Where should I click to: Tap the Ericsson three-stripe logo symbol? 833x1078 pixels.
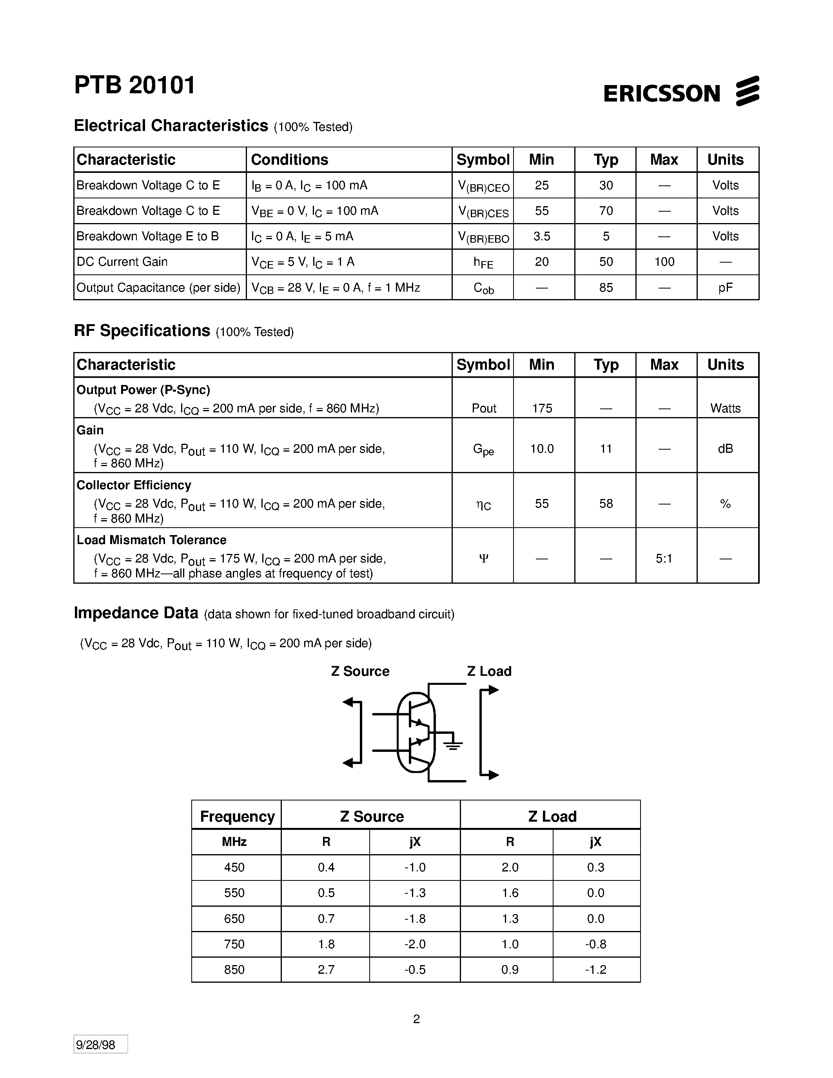pos(747,91)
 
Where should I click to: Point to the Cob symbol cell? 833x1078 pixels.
pos(483,288)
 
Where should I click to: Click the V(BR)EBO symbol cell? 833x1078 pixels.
pos(483,238)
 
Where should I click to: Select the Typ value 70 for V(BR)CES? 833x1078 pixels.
pos(606,211)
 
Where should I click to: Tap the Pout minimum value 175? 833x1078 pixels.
pos(542,408)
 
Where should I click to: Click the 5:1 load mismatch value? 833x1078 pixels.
pos(664,558)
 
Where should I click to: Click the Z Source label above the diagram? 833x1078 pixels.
pos(360,671)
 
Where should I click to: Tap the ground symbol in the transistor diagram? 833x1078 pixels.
pos(452,745)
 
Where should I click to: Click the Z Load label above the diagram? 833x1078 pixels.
pos(489,671)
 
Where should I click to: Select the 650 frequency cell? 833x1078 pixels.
pos(234,918)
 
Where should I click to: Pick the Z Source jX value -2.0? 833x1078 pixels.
pos(414,944)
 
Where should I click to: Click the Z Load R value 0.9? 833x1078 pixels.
pos(510,969)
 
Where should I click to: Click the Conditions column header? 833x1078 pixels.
pos(290,160)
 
